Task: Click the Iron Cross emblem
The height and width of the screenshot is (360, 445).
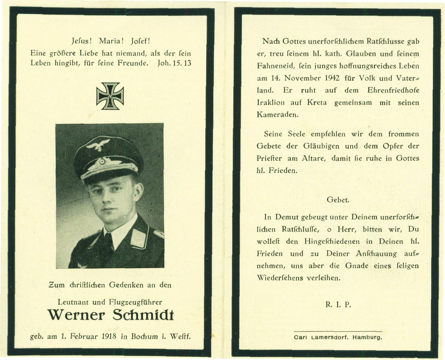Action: click(110, 96)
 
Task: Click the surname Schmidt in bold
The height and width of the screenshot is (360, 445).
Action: click(143, 315)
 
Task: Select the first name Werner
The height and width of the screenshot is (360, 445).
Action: click(76, 315)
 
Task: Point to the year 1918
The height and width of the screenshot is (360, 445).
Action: click(109, 336)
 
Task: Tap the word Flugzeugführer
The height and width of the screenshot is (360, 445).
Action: click(135, 302)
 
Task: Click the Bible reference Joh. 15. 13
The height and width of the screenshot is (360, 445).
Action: click(174, 63)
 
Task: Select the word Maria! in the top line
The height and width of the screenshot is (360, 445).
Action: click(111, 41)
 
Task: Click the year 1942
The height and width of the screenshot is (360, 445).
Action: click(332, 78)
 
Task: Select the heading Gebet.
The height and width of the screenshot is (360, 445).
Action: click(338, 200)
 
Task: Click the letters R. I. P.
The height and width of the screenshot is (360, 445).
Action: click(338, 304)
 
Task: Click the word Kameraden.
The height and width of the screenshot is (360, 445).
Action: click(277, 115)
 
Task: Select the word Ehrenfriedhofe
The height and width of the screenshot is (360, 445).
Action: click(393, 90)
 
